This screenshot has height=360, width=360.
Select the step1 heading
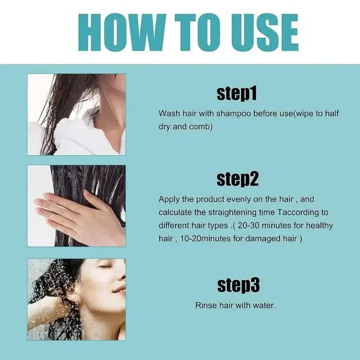[237, 93]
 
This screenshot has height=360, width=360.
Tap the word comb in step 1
[202, 127]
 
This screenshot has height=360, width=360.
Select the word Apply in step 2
[169, 199]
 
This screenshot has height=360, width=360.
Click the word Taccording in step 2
[296, 212]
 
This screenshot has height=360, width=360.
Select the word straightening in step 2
[246, 212]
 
